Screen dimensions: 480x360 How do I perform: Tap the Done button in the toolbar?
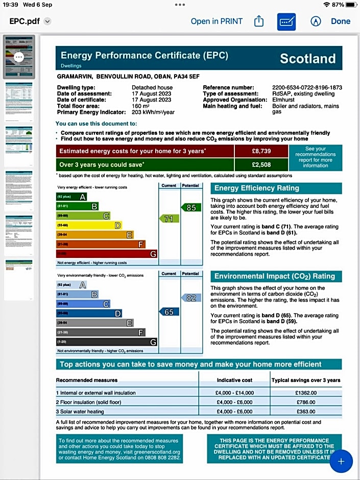point(341,21)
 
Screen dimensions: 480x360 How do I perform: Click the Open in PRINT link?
point(217,21)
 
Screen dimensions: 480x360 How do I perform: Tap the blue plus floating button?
point(341,462)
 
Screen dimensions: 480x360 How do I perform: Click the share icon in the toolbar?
point(258,21)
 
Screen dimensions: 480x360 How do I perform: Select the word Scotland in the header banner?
point(308,59)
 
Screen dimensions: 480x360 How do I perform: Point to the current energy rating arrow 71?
point(169,219)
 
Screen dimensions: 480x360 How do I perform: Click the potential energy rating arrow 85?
point(190,207)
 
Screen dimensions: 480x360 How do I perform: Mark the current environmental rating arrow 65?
point(169,311)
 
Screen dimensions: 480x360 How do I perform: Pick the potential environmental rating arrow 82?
point(190,298)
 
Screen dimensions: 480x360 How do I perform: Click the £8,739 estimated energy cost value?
point(261,151)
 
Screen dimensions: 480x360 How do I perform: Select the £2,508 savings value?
point(261,164)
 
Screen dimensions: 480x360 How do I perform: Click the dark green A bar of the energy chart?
point(71,197)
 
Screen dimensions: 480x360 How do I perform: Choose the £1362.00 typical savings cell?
point(306,393)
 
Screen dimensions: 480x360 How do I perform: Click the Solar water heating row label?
point(82,412)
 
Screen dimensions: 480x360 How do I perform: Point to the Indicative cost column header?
point(234,380)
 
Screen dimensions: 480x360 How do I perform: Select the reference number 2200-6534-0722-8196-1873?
point(307,88)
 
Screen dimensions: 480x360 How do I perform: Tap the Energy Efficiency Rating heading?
point(256,188)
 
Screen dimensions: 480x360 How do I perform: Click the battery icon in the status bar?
point(352,5)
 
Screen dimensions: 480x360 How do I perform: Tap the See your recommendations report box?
point(315,157)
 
